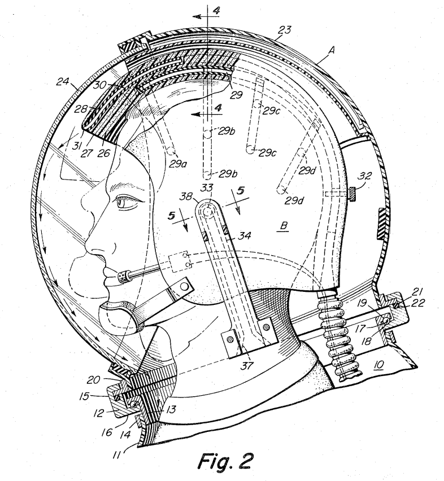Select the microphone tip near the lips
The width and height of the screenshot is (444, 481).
coord(123,276)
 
